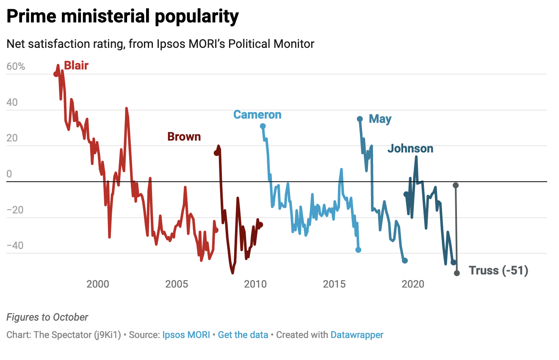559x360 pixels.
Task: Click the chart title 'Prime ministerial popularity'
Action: (123, 17)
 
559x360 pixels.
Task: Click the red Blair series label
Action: (76, 66)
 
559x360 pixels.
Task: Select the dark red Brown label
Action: (184, 137)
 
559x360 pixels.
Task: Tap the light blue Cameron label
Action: (257, 115)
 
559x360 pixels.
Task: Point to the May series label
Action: (380, 119)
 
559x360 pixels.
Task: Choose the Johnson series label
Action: (410, 149)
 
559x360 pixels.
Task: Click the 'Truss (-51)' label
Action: (498, 271)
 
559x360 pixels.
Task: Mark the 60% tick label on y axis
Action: (16, 67)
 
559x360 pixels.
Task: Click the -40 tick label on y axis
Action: (16, 246)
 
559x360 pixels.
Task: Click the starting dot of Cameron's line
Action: (263, 126)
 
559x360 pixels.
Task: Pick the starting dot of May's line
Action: (360, 119)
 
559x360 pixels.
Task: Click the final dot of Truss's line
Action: (457, 273)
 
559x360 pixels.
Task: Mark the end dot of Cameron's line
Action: (358, 250)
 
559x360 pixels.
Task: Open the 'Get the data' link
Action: (243, 335)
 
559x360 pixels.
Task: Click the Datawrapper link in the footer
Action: (357, 335)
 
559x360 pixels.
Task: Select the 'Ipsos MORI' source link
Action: (186, 335)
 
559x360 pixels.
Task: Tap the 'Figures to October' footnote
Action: (47, 317)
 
